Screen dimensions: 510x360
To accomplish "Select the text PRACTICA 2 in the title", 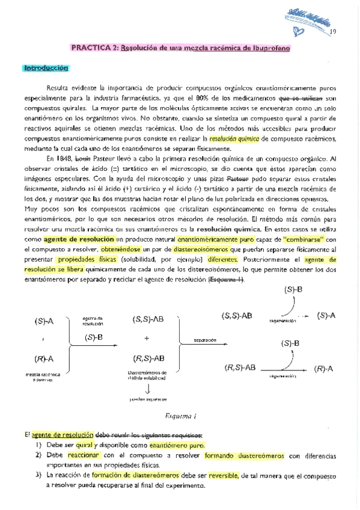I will coord(93,49).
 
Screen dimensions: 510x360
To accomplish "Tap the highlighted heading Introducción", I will coord(46,68).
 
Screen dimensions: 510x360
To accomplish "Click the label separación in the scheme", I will coord(204,340).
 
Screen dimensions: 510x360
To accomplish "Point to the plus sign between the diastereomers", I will coord(146,339).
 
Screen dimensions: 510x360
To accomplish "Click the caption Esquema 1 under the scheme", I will coord(180,416).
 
